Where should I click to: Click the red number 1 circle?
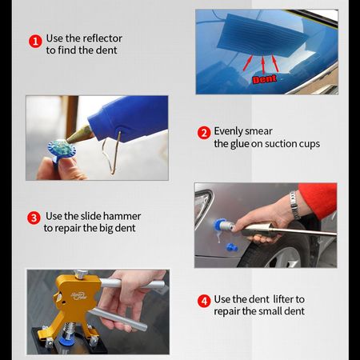point(35,42)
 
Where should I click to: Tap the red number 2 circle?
point(204,133)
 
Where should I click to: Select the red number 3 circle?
point(34,218)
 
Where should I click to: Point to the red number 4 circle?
point(204,301)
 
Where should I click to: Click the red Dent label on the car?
point(264,79)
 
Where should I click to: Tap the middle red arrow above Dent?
point(263,64)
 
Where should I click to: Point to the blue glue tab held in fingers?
point(62,150)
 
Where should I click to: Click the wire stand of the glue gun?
point(112,152)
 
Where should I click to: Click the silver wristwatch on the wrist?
point(294,205)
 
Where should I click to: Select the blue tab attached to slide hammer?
point(220,226)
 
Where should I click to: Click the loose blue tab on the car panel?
point(232,247)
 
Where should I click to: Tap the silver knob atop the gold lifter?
point(81,274)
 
